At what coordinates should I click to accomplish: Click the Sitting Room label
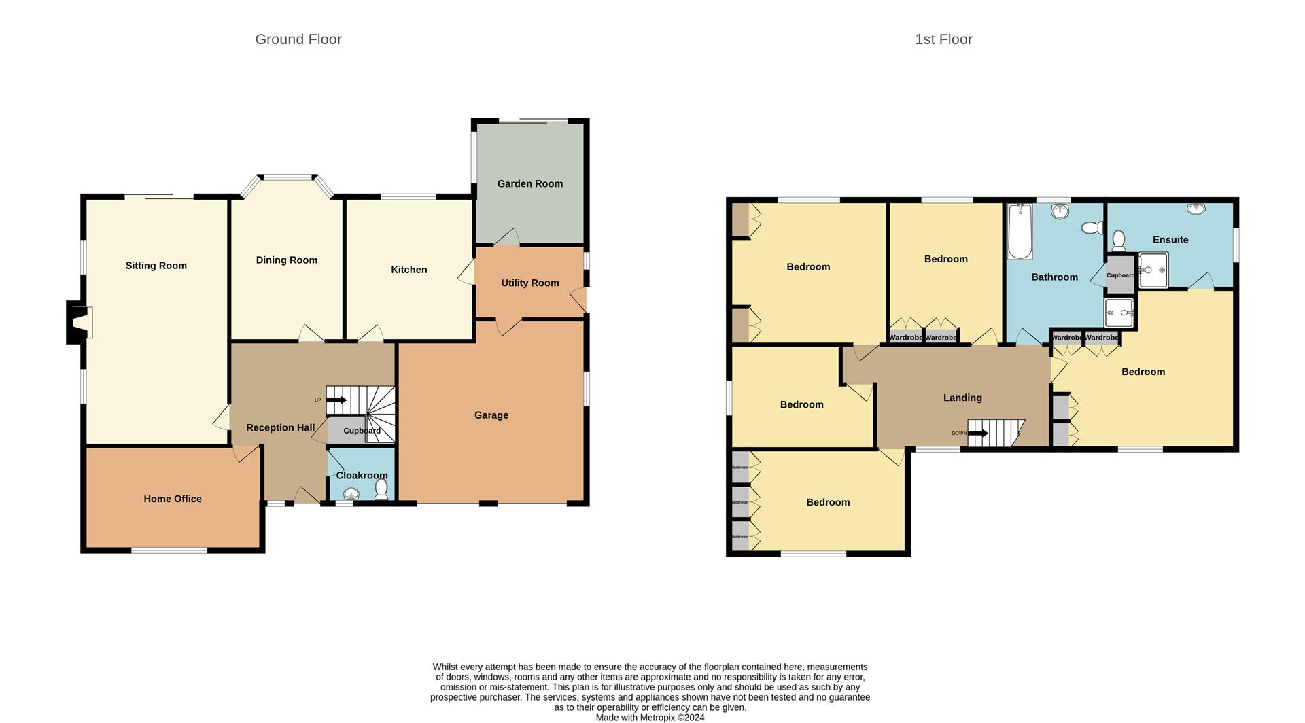click(x=156, y=266)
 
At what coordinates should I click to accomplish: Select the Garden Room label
click(x=529, y=183)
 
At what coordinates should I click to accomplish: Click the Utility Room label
click(x=529, y=283)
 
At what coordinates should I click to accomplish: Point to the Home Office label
click(x=173, y=499)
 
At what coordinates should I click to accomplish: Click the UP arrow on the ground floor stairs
click(x=337, y=400)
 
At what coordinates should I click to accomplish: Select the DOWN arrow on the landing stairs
click(x=978, y=433)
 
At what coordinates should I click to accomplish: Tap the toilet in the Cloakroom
click(x=381, y=489)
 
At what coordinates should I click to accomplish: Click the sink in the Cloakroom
click(x=351, y=494)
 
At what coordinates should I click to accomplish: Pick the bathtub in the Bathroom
click(x=1020, y=231)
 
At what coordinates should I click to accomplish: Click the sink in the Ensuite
click(x=1196, y=209)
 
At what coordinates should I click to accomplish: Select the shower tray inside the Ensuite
click(x=1153, y=270)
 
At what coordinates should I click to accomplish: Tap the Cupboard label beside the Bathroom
click(x=1120, y=275)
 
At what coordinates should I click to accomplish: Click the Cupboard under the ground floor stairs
click(x=361, y=431)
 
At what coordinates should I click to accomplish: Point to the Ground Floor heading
click(x=298, y=39)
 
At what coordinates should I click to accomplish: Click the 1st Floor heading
click(x=943, y=39)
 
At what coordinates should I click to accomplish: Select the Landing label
click(x=962, y=398)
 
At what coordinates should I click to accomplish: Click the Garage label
click(x=491, y=415)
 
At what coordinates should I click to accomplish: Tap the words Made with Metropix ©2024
click(x=650, y=718)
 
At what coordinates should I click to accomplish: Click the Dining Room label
click(x=286, y=260)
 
